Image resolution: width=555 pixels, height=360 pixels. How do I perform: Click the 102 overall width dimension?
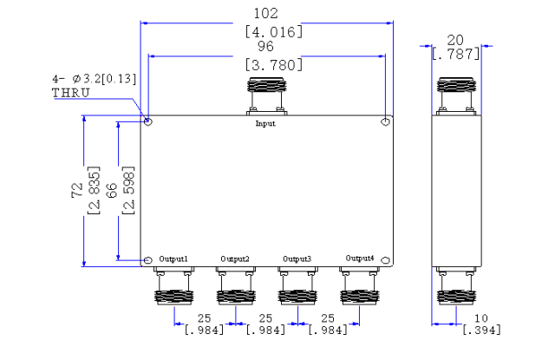click(x=266, y=14)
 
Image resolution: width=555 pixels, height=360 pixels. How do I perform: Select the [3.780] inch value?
click(x=274, y=65)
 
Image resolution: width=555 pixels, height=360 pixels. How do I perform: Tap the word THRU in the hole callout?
click(x=71, y=93)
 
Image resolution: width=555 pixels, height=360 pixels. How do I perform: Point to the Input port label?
click(x=265, y=123)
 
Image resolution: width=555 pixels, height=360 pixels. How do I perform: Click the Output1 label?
click(x=173, y=259)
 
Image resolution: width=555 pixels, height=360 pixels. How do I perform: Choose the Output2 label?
click(x=235, y=259)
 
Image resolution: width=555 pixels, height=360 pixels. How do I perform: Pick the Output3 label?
click(x=297, y=259)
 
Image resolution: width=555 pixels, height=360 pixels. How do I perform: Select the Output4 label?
click(x=360, y=258)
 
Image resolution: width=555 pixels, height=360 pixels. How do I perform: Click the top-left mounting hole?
click(x=148, y=121)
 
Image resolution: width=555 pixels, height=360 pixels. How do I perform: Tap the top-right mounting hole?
click(x=385, y=122)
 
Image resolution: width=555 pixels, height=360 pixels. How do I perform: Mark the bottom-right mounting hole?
click(x=386, y=260)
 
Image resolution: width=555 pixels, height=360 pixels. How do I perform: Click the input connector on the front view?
click(x=266, y=96)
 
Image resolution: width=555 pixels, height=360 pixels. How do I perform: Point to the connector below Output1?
click(x=173, y=286)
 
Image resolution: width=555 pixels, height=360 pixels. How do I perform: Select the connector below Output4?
click(x=360, y=286)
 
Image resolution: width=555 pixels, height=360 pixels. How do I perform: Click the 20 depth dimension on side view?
click(x=455, y=41)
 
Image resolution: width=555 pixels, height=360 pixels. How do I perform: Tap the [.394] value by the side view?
click(x=482, y=330)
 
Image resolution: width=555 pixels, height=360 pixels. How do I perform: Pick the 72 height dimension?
click(x=77, y=190)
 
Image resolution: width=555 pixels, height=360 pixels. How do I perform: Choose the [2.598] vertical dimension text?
click(x=128, y=190)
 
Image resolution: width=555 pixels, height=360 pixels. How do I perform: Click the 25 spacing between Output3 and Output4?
click(x=328, y=318)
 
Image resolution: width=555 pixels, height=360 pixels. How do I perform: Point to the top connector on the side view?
click(x=456, y=96)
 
